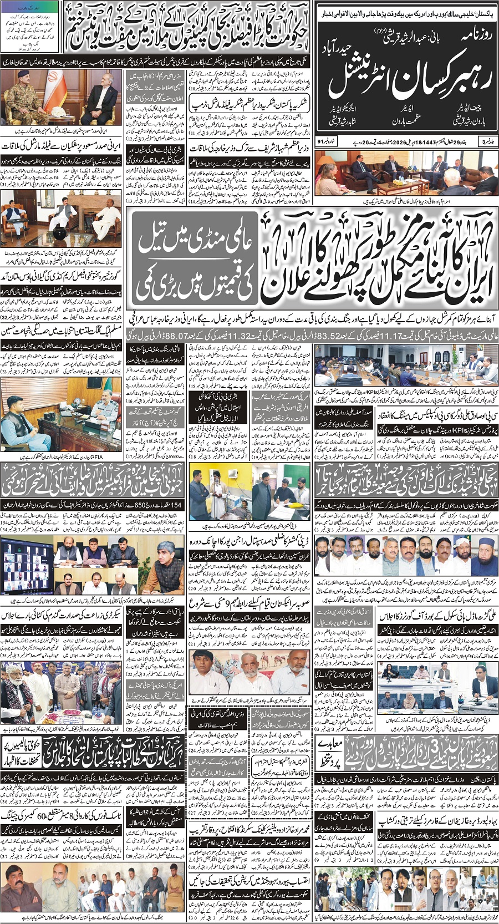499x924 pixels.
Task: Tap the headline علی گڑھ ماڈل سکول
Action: [438, 615]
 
